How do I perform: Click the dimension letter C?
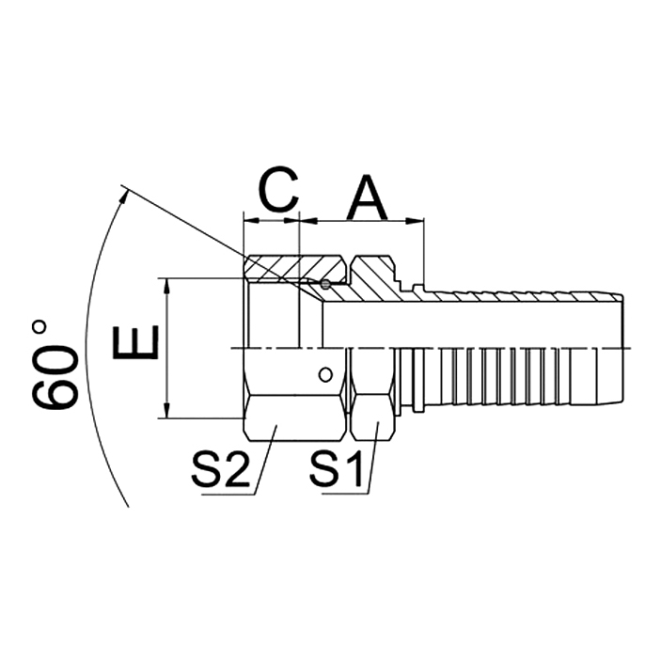(x=278, y=191)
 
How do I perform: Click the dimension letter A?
(x=368, y=196)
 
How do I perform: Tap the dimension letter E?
(x=134, y=344)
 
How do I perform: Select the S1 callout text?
(x=338, y=470)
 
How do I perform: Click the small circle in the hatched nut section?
(x=324, y=285)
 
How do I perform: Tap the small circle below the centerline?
(x=324, y=373)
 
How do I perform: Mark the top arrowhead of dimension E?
(x=166, y=284)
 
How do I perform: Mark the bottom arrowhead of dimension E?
(x=166, y=413)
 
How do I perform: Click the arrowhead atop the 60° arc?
(x=122, y=194)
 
